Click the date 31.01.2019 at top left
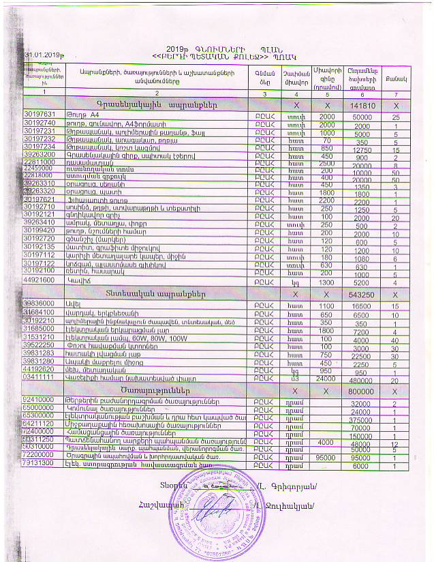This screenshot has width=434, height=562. (x=40, y=55)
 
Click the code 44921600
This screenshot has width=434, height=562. (x=39, y=280)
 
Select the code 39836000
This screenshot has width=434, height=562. (x=39, y=302)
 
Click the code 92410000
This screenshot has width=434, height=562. (x=39, y=403)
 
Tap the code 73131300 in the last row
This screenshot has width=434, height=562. (x=39, y=466)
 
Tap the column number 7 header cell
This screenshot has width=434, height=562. (x=395, y=91)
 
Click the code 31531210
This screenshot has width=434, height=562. (x=39, y=338)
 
